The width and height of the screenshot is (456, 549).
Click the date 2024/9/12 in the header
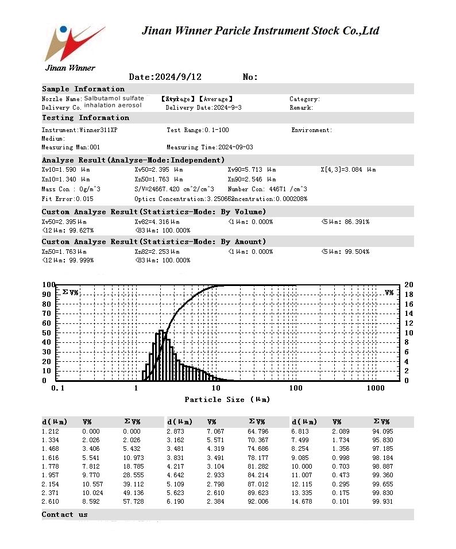(x=165, y=77)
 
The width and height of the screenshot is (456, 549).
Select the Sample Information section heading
(x=83, y=89)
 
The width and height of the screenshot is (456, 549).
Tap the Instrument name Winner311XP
(x=79, y=130)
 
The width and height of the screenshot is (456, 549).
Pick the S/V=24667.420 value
(x=175, y=190)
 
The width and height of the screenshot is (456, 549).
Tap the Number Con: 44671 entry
(x=267, y=190)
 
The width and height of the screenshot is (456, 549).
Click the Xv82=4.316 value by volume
(x=157, y=222)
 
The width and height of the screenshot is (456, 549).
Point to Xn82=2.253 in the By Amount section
(x=157, y=252)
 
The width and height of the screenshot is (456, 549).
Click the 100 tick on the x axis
(x=295, y=389)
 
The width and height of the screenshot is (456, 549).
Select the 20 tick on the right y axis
(x=408, y=285)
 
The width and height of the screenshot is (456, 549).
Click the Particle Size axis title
(x=227, y=400)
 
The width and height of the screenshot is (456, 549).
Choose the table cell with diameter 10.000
(x=303, y=467)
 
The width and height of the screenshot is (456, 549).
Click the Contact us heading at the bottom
(x=65, y=515)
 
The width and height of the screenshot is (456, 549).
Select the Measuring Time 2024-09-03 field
(x=210, y=148)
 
